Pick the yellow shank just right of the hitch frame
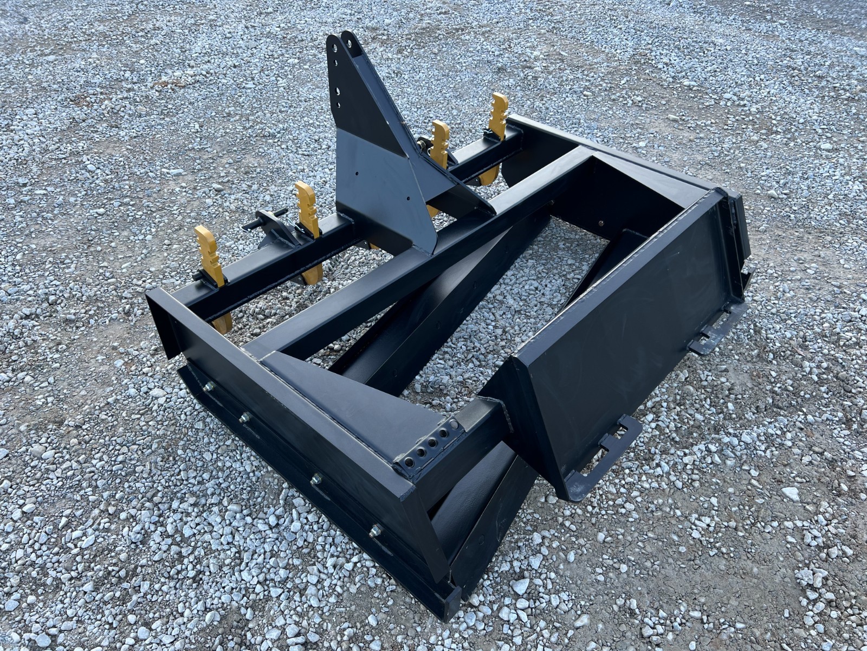coord(440,141)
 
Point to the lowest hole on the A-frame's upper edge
coord(339,106)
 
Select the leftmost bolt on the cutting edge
coord(208,386)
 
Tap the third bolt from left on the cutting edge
coord(315,479)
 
